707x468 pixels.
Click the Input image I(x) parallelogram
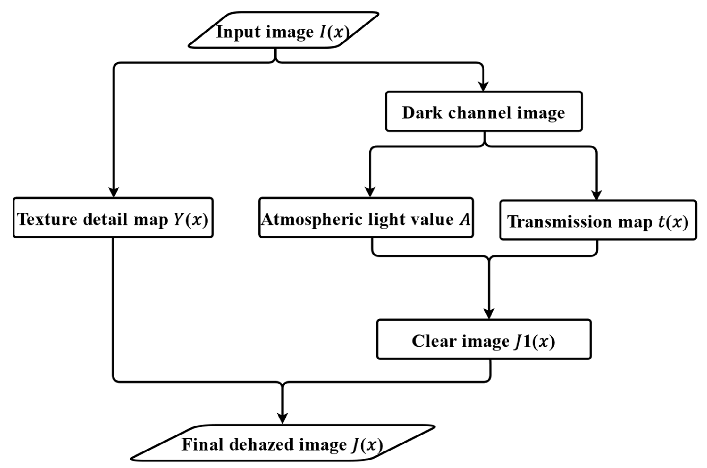[x=283, y=30]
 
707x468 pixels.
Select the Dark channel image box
[x=484, y=112]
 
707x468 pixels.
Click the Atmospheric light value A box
[x=366, y=218]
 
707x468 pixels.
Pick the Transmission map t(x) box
[x=598, y=220]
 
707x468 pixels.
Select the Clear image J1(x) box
[x=484, y=340]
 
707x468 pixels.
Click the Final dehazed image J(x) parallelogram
[x=282, y=443]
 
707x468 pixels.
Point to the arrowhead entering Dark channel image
[x=483, y=87]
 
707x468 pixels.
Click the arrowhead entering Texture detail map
[x=114, y=192]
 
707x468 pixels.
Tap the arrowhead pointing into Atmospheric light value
[x=370, y=192]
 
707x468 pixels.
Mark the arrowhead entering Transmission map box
[x=596, y=195]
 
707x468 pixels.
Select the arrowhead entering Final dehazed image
[x=282, y=418]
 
